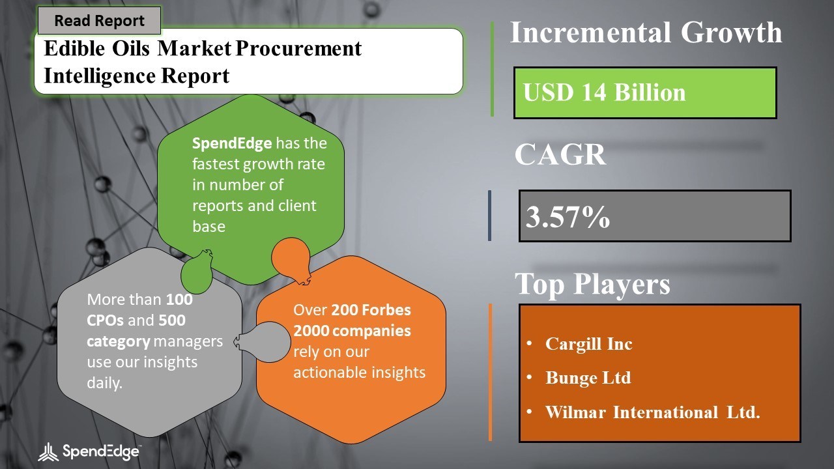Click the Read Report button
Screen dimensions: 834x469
[x=99, y=20]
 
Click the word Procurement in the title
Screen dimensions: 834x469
[x=298, y=49]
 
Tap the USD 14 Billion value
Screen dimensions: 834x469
[x=604, y=92]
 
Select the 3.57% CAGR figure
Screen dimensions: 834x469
[x=568, y=217]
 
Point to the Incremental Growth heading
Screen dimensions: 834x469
[x=646, y=33]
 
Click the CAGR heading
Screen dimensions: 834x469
[x=560, y=154]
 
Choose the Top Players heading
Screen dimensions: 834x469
[x=592, y=284]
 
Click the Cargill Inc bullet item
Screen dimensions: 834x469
[x=588, y=343]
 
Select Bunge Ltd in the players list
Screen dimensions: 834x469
[x=588, y=378]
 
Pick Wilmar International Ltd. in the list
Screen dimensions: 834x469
[x=652, y=412]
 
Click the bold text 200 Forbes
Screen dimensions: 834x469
[x=371, y=309]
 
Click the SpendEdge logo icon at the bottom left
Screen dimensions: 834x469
[x=48, y=452]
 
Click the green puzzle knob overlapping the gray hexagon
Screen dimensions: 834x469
[x=197, y=272]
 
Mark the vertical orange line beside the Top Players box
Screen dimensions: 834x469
[x=490, y=372]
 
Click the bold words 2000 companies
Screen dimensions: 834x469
[x=352, y=331]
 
